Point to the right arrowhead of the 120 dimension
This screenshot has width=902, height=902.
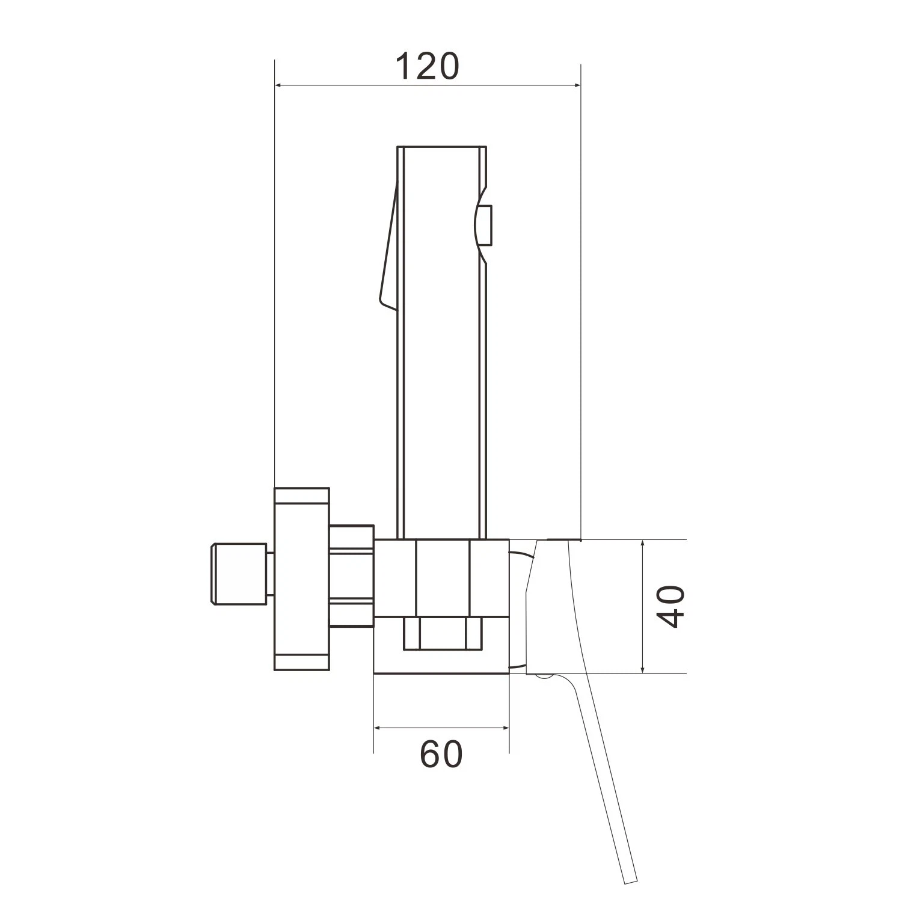click(x=574, y=86)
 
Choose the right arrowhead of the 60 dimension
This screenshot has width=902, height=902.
click(x=502, y=728)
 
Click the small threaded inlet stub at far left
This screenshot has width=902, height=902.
click(x=238, y=573)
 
